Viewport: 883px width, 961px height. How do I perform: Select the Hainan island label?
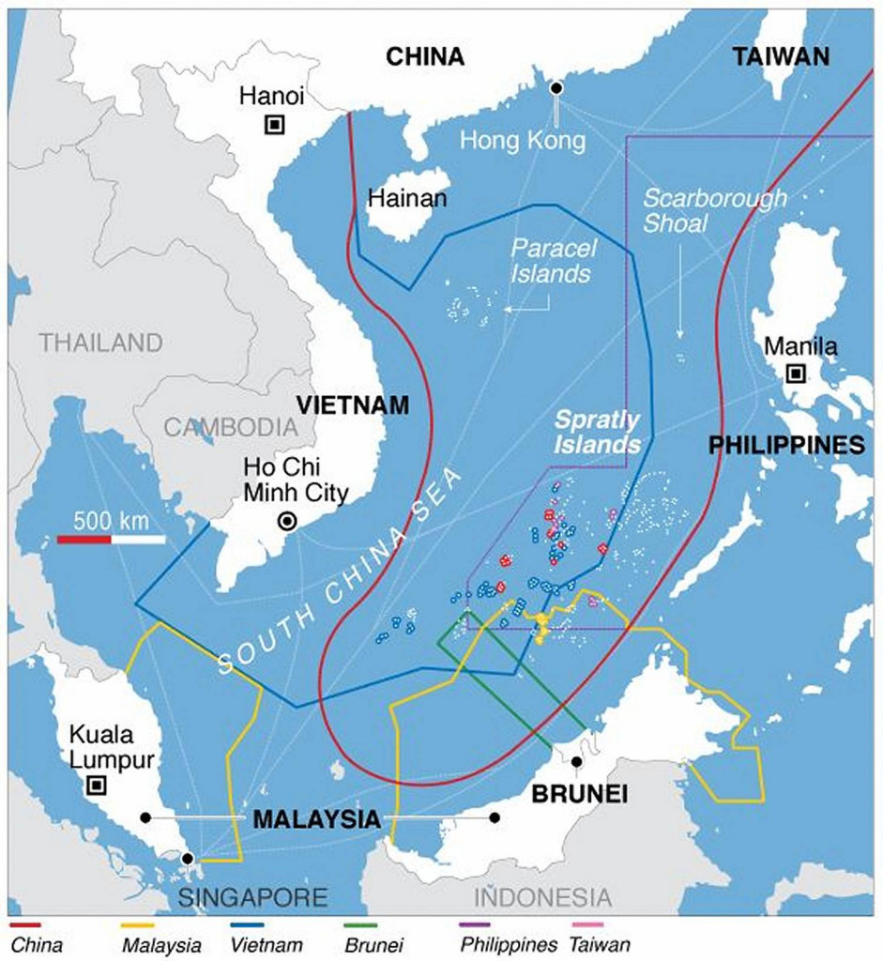(x=407, y=199)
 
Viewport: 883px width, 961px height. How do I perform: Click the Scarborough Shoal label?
(x=714, y=211)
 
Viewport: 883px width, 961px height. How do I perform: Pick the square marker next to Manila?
(x=796, y=374)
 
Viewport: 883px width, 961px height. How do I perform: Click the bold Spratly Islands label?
(x=597, y=431)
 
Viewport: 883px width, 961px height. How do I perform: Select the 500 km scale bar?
(x=111, y=539)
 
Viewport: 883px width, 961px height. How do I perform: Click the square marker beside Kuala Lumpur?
(x=95, y=786)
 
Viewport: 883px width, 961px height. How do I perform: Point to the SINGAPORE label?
(x=253, y=897)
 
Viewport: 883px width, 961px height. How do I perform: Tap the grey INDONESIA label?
(x=542, y=897)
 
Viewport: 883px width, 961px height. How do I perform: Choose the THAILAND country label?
(x=100, y=342)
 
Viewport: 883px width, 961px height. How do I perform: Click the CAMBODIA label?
(x=231, y=428)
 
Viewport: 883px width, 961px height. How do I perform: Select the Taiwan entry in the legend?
(x=600, y=944)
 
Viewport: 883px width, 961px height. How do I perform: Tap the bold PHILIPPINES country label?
(x=786, y=445)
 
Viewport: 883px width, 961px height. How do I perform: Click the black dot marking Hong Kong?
(x=556, y=88)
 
